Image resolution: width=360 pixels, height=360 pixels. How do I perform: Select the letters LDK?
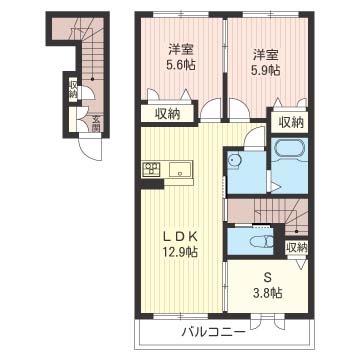coord(181,235)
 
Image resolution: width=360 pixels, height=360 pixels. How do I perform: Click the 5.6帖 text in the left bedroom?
coord(181,67)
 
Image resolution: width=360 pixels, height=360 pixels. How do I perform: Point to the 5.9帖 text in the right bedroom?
coord(264,70)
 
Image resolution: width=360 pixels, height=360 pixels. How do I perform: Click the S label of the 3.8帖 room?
coord(268,277)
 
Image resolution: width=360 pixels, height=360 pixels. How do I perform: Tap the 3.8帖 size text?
coord(268,294)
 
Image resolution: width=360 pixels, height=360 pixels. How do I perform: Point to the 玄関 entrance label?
coord(96,125)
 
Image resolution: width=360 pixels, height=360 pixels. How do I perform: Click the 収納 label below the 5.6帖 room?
coord(167,113)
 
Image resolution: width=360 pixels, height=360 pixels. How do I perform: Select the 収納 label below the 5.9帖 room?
coord(290,122)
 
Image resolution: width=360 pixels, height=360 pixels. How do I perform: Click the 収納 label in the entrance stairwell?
coord(73,88)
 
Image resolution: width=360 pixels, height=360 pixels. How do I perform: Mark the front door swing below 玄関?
coord(91,150)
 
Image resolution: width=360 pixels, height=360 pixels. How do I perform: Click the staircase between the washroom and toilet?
coord(270,211)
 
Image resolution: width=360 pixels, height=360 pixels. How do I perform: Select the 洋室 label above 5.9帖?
coord(264,53)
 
